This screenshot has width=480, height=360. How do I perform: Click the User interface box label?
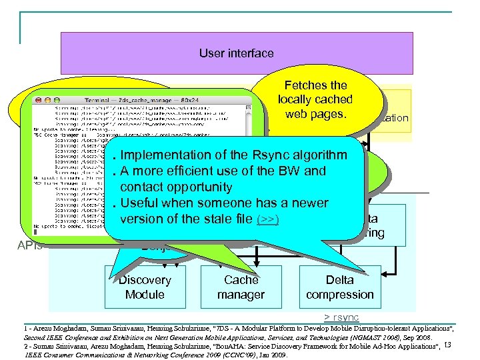(x=236, y=53)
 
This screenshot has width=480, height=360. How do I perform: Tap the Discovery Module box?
(x=145, y=287)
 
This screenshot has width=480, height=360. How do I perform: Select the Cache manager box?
(x=241, y=287)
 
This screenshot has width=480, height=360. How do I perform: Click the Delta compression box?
(x=340, y=287)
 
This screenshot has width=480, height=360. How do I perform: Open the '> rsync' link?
(x=341, y=317)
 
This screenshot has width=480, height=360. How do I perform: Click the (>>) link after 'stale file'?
(x=267, y=219)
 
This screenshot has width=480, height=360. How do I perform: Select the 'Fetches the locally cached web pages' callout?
(x=315, y=100)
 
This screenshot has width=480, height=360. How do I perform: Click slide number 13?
(x=448, y=345)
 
